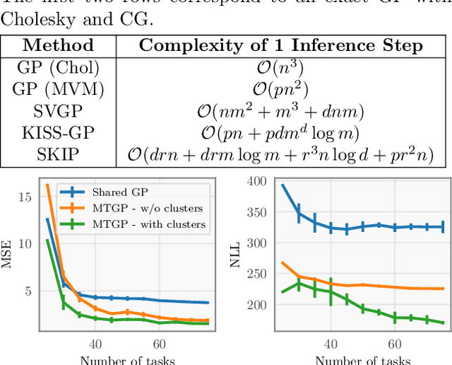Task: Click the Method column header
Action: (58, 46)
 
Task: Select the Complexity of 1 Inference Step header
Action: (280, 46)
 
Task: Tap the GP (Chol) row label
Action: (58, 69)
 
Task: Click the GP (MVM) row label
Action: (58, 90)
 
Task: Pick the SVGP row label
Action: (58, 112)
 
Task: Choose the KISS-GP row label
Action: (58, 133)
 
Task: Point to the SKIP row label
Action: (58, 154)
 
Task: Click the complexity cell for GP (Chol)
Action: (281, 69)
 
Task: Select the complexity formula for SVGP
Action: (281, 112)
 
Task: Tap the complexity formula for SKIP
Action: (281, 154)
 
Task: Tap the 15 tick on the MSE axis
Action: (26, 196)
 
